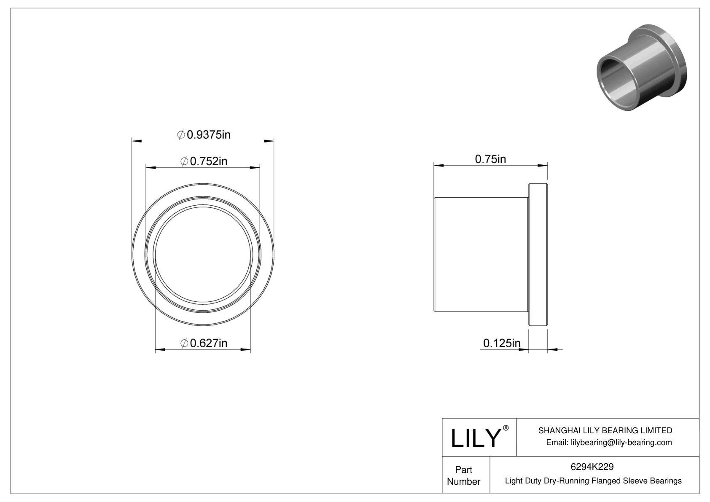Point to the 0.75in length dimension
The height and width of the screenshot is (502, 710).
[x=490, y=159]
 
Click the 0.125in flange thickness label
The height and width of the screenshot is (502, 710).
[x=502, y=343]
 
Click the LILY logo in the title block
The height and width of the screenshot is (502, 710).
[x=475, y=438]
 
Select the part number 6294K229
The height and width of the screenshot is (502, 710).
[x=592, y=467]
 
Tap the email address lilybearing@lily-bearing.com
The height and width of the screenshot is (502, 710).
[x=609, y=442]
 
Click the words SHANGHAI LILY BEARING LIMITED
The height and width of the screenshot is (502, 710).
[x=605, y=430]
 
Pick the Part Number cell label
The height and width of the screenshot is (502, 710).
[x=463, y=475]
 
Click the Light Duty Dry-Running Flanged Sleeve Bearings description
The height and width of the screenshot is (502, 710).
[x=593, y=481]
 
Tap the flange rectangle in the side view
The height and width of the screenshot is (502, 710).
[x=538, y=255]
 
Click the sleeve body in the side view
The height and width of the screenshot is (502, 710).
[x=481, y=255]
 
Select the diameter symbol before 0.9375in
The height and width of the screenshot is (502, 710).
[x=180, y=135]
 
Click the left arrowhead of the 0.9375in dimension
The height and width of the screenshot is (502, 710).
[x=136, y=141]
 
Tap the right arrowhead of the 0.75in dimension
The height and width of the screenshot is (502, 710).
[x=543, y=166]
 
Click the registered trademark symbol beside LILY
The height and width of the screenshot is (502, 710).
[x=506, y=428]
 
